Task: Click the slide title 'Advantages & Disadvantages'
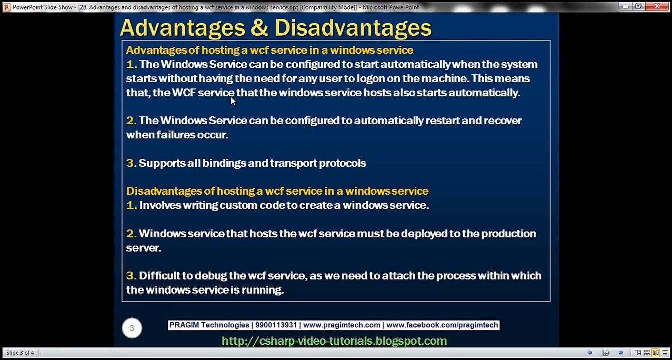point(275,28)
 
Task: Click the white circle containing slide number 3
point(132,328)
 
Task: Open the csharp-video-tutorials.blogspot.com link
point(334,341)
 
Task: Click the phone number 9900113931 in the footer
point(276,325)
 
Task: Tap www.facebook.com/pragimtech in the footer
point(442,325)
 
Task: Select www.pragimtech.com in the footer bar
point(341,325)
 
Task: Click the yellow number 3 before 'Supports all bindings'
point(131,163)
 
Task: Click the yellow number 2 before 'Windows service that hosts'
point(131,234)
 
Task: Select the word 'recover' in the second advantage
point(502,121)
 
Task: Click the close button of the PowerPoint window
point(661,6)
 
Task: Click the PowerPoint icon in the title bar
point(6,7)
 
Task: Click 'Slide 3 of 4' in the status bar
point(20,353)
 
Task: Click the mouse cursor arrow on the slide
point(233,101)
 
